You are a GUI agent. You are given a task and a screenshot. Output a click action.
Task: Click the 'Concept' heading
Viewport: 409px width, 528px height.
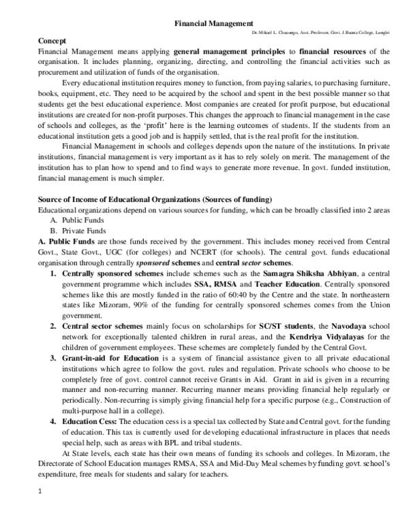[53, 42]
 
